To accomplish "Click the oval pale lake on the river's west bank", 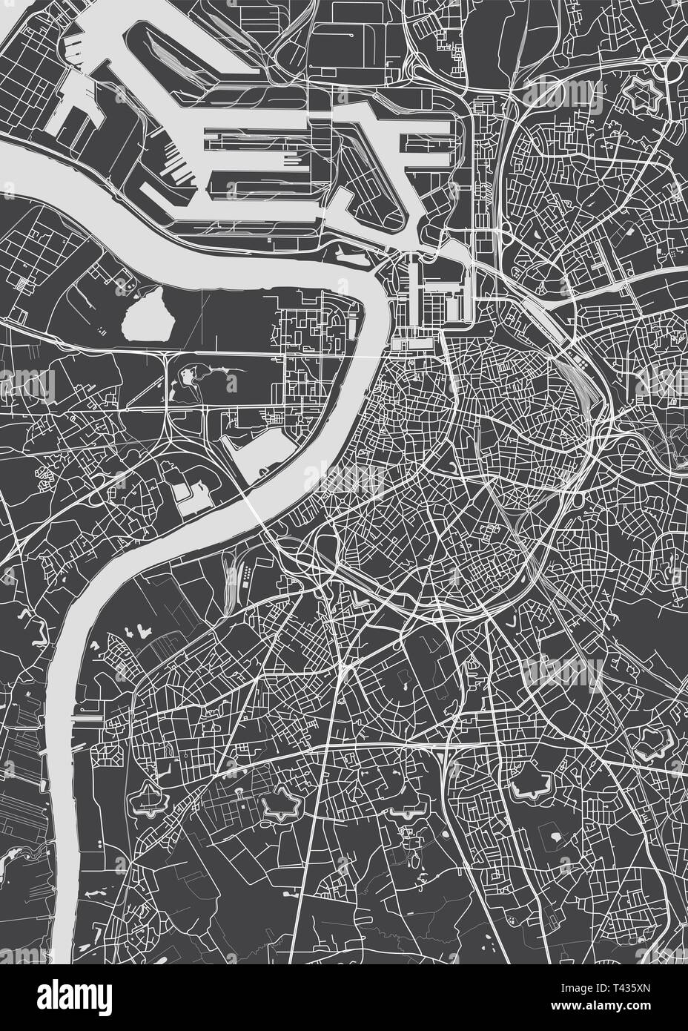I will (x=148, y=314).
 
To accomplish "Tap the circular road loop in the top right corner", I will (x=672, y=73).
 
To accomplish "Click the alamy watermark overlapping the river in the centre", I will (x=343, y=478).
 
